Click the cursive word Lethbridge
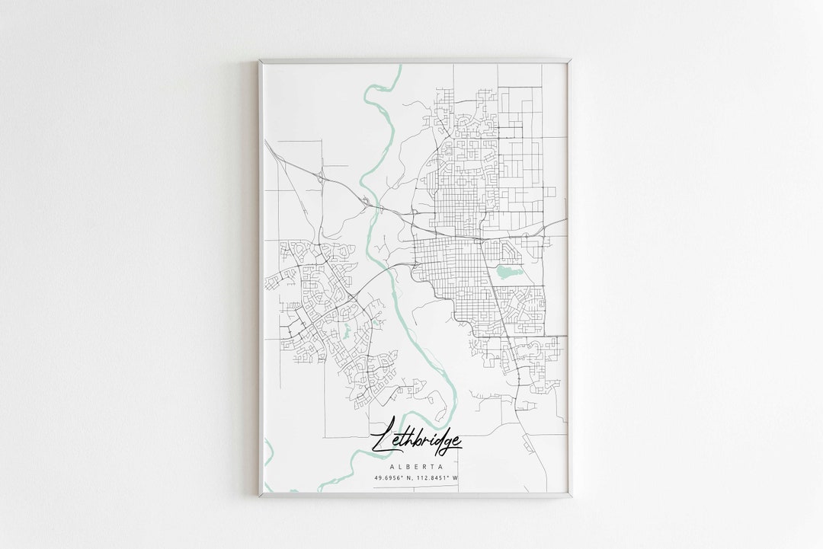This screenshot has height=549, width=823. [x=415, y=440]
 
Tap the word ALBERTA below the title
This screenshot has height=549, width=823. [x=415, y=466]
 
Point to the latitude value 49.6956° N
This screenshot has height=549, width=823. [x=393, y=478]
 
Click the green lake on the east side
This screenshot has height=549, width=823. [x=506, y=272]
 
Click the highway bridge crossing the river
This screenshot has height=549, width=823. [x=369, y=203]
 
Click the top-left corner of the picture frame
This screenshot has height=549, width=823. [x=260, y=60]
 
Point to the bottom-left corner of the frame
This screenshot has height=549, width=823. [x=260, y=496]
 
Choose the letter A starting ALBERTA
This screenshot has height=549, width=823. [x=391, y=466]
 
